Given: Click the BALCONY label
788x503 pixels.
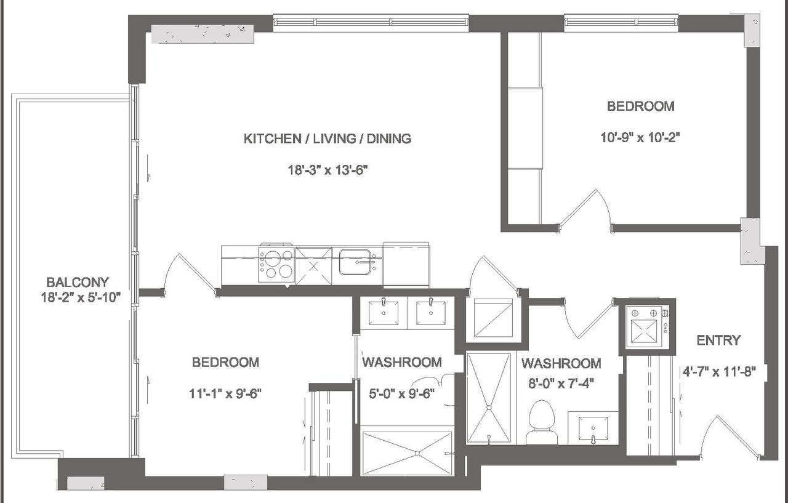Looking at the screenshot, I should click(x=78, y=282).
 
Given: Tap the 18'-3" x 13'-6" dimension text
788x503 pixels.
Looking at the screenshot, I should click(x=328, y=171).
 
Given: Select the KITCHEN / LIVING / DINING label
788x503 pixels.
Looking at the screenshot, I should click(x=328, y=139).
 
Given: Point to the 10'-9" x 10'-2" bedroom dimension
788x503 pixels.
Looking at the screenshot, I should click(x=640, y=138).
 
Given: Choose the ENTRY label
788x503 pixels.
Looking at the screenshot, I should click(x=718, y=340).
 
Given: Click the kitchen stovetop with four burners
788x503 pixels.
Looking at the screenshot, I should click(x=276, y=264).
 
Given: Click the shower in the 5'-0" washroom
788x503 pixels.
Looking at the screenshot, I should click(x=407, y=453).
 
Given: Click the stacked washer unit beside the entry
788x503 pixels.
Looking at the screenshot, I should click(x=646, y=326).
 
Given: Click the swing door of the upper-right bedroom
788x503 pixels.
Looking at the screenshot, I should click(x=585, y=209).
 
